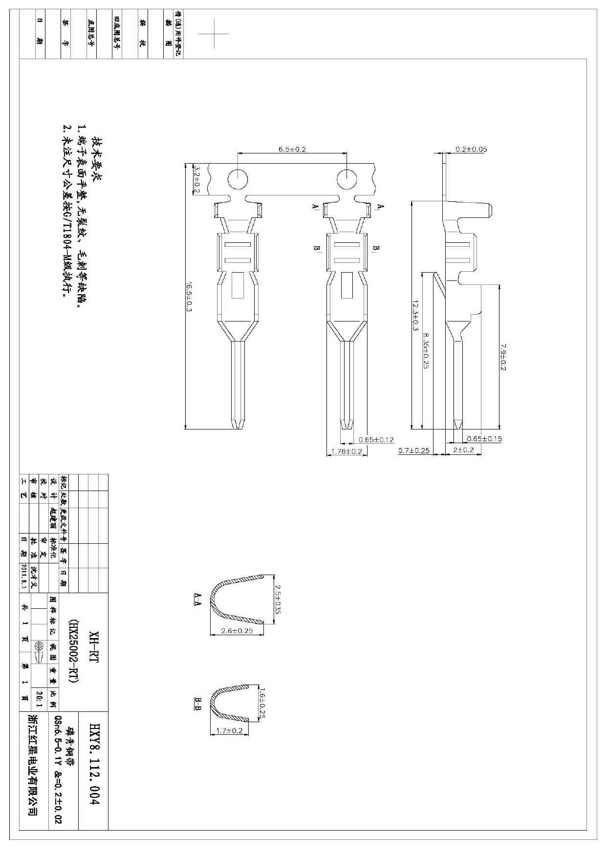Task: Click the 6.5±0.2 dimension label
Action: pos(292,149)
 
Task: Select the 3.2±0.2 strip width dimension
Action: pos(197,179)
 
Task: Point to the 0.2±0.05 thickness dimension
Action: pos(471,149)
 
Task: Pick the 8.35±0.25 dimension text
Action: pos(425,350)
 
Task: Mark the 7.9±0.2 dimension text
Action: pos(503,356)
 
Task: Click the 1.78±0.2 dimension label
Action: pos(346,451)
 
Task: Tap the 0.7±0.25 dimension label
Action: pos(413,450)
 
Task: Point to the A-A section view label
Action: pos(198,599)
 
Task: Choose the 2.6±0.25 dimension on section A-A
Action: pos(237,631)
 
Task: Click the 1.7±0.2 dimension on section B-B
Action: pos(229,730)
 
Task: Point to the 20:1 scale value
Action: pos(39,699)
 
